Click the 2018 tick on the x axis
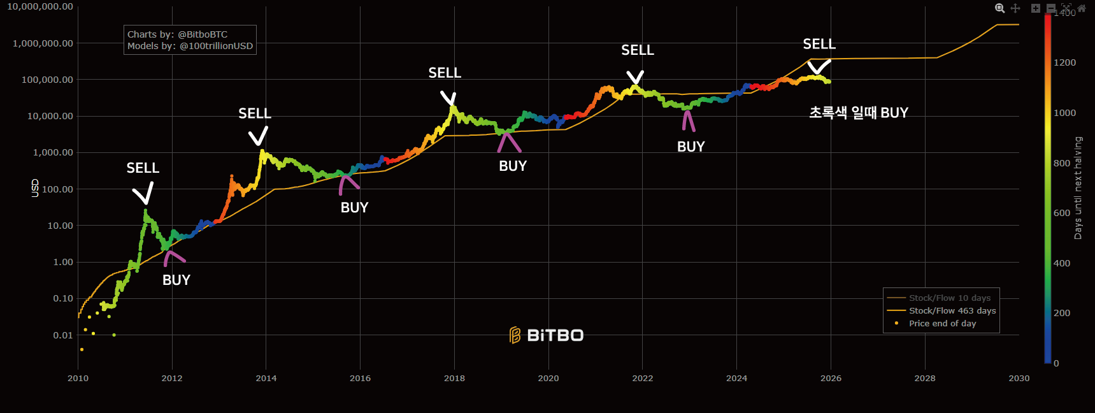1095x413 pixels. coord(454,378)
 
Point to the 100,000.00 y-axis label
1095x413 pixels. coord(47,80)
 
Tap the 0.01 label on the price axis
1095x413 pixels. coord(62,335)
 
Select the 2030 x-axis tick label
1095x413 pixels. coord(1019,378)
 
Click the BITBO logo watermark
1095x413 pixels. coord(547,335)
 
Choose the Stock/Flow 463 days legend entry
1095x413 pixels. coord(952,310)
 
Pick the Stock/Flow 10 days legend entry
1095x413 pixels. coord(949,298)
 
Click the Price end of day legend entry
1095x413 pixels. coord(942,323)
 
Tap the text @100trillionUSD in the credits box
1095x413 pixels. coord(216,46)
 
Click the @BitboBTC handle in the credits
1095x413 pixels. coord(202,34)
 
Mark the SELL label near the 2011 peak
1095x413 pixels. coord(143,168)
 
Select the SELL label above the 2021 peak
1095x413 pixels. coord(637,50)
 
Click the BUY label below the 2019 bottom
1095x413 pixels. coord(513,166)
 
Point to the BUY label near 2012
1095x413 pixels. coord(176,280)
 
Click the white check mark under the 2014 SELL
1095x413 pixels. coord(258,136)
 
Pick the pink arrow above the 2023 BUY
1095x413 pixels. coord(688,120)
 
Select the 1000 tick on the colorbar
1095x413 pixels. coord(1064,113)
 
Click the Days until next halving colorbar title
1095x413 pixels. coord(1078,188)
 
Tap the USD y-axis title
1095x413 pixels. coord(35,188)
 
